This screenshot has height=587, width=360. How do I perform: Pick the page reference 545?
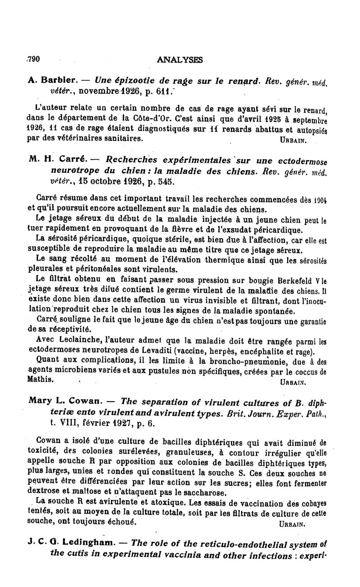point(160,182)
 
